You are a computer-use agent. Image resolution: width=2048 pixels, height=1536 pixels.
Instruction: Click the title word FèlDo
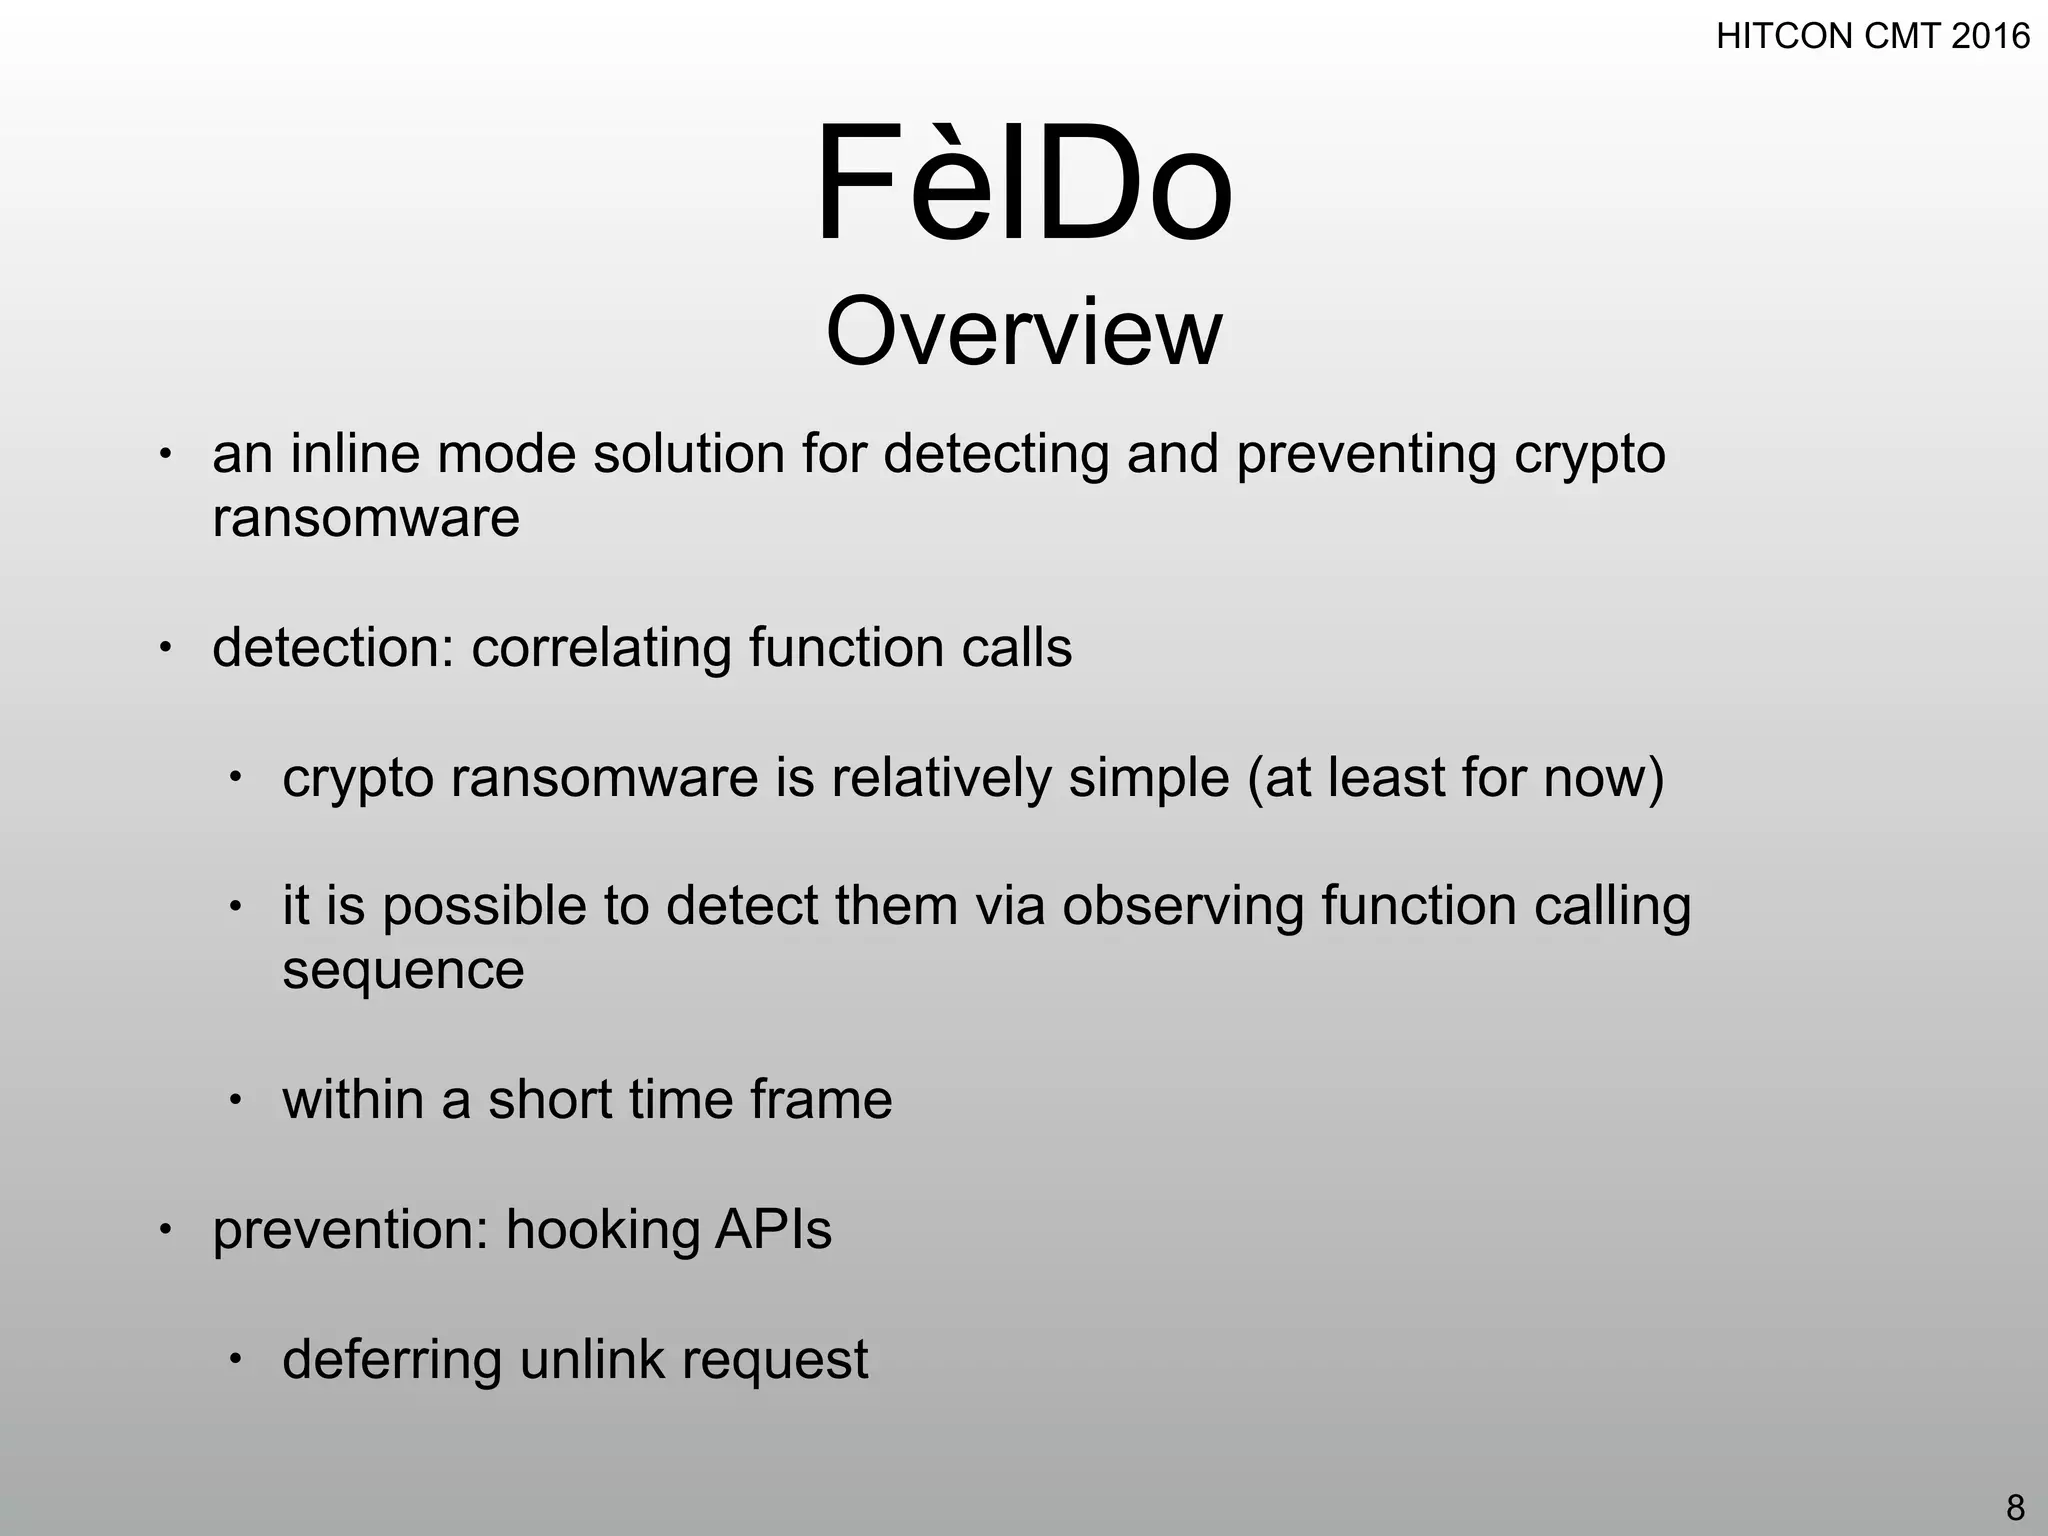tap(1024, 185)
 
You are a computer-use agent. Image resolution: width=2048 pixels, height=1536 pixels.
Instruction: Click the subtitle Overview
tap(1024, 332)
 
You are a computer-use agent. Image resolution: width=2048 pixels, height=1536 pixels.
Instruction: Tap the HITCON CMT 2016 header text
tap(1872, 37)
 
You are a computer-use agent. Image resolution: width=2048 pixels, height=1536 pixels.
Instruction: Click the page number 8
tap(2015, 1506)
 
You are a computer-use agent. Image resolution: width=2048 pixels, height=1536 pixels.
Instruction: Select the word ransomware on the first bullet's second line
tap(366, 519)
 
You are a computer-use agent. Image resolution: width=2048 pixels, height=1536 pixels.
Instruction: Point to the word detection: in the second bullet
tap(333, 648)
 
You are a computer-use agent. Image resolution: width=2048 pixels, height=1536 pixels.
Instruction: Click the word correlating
tap(601, 648)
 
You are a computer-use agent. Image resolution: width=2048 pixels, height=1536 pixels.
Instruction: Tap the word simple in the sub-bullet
tap(1148, 778)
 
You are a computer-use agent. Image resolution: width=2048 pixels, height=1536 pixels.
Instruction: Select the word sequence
tap(403, 971)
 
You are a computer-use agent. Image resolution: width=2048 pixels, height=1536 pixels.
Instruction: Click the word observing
tap(1182, 907)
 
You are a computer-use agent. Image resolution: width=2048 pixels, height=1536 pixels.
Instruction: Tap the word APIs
tap(772, 1230)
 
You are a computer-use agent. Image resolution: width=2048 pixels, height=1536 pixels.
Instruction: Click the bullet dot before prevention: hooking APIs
tap(166, 1228)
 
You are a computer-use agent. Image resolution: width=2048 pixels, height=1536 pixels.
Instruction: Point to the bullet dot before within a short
tap(235, 1100)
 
